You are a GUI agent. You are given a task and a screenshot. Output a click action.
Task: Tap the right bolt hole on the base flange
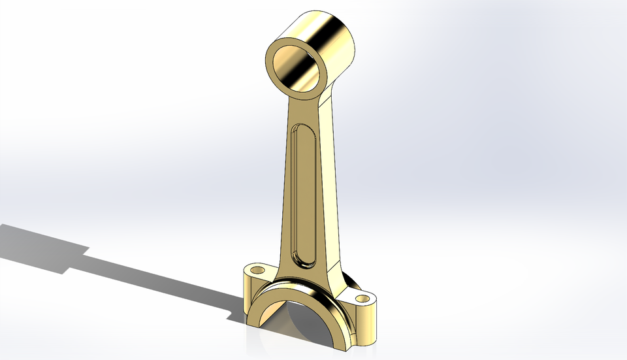361,299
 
